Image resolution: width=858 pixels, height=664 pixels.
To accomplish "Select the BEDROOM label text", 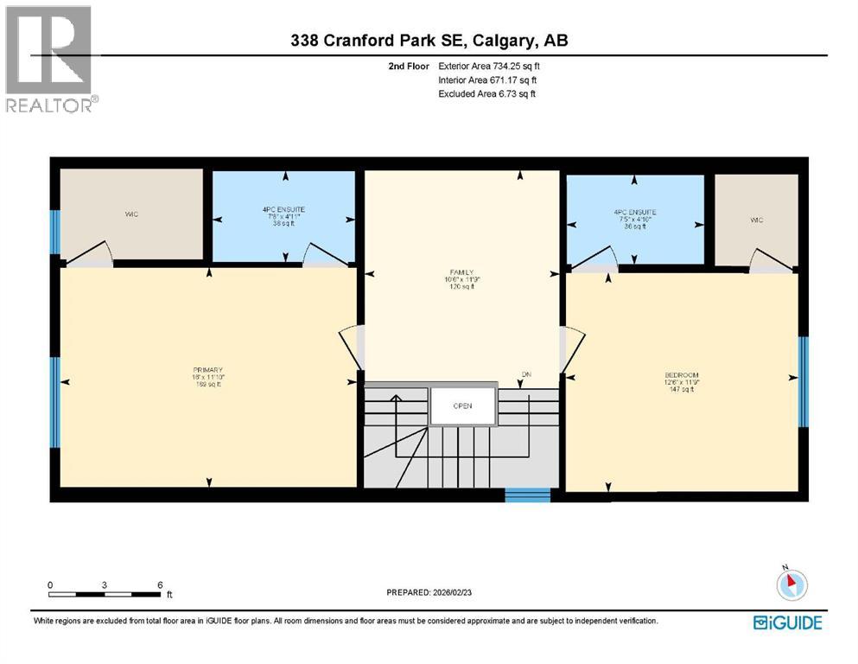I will pyautogui.click(x=682, y=374).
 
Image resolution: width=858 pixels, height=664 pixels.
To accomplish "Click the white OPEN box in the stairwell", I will pyautogui.click(x=463, y=405).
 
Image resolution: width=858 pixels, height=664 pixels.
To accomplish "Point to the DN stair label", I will pyautogui.click(x=525, y=374).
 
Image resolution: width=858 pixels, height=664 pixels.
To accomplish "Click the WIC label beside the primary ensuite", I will pyautogui.click(x=131, y=214).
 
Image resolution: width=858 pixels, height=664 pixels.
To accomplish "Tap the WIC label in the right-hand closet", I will pyautogui.click(x=757, y=220).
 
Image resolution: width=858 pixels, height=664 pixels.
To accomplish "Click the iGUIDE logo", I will pyautogui.click(x=787, y=622).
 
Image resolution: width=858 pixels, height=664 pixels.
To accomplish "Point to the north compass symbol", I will pyautogui.click(x=791, y=584).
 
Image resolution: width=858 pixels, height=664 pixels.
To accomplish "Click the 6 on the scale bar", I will pyautogui.click(x=160, y=585).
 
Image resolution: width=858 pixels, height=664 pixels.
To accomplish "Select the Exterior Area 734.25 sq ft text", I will pyautogui.click(x=490, y=66).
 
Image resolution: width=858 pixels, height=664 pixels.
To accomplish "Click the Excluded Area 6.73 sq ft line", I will pyautogui.click(x=486, y=93).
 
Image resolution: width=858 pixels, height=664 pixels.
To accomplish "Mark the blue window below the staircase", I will pyautogui.click(x=527, y=495).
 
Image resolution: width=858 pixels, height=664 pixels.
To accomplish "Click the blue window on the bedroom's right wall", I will pyautogui.click(x=803, y=381).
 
